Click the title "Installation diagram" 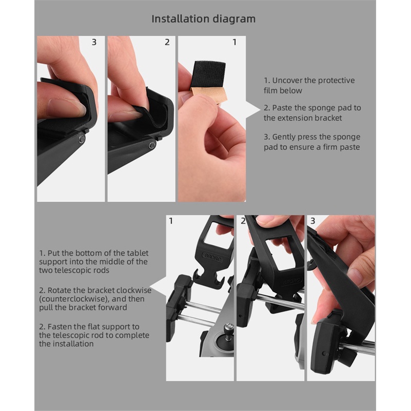click(x=203, y=19)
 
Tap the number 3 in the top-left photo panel click(x=94, y=42)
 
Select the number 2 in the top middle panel click(x=167, y=42)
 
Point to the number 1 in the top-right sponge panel click(x=234, y=42)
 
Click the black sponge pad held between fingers click(x=208, y=74)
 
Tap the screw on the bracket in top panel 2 click(x=152, y=145)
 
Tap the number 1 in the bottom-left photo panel click(x=171, y=221)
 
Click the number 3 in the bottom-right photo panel click(x=312, y=221)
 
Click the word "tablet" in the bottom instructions click(x=138, y=253)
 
